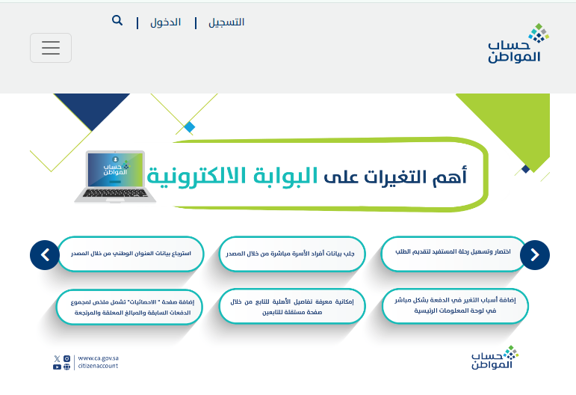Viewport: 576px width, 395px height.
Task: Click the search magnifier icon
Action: (117, 20)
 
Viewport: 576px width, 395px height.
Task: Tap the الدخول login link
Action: (165, 22)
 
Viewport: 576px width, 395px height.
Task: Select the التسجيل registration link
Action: (226, 22)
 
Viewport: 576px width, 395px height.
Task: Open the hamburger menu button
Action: (51, 48)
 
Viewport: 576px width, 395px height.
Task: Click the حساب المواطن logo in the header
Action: (518, 43)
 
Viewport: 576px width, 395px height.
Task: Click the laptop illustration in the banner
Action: (115, 177)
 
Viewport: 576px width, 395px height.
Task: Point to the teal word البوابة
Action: (285, 176)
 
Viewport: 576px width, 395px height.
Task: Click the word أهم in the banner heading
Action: (449, 176)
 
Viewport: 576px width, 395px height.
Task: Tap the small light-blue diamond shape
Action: (190, 127)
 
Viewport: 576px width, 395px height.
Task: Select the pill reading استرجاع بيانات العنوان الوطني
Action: (131, 254)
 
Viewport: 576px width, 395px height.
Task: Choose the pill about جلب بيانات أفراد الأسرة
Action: (292, 254)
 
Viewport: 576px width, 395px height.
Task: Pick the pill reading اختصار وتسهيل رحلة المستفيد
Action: (453, 254)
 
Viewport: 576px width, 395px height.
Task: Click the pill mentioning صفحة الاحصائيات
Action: (130, 307)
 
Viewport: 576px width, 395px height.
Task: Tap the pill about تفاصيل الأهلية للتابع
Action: (292, 307)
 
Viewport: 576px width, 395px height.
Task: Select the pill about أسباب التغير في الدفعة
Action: (455, 306)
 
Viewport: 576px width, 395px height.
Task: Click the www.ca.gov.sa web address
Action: (98, 358)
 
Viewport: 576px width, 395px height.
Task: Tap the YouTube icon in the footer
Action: (57, 367)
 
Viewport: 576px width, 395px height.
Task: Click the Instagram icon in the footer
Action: (66, 358)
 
